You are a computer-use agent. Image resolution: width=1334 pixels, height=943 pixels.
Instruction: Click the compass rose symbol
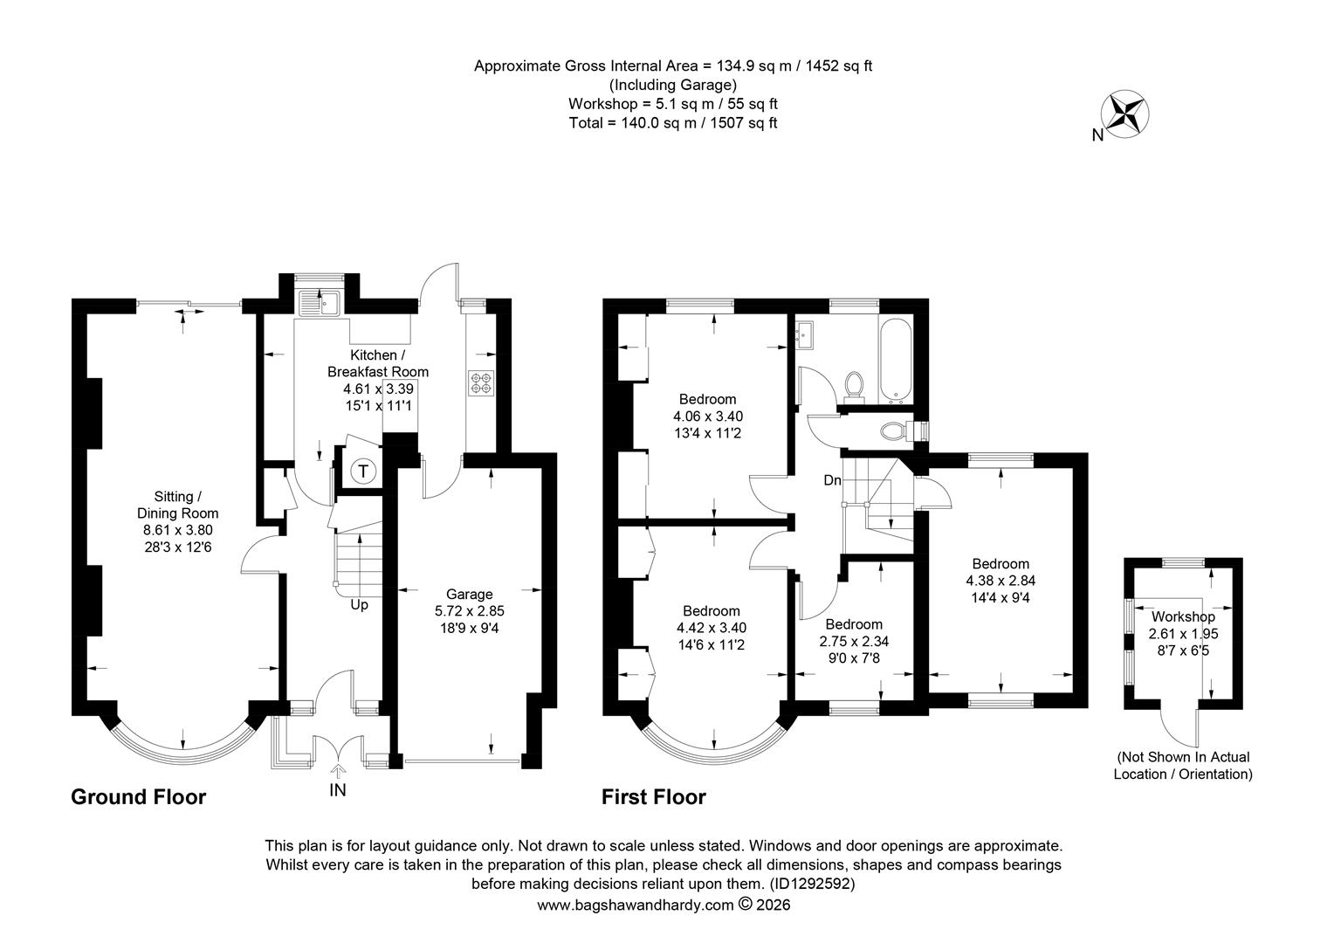pos(1124,115)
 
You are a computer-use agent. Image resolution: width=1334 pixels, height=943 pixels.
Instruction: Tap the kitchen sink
pos(319,303)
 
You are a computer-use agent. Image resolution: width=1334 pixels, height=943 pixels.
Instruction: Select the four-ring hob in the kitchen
pos(481,383)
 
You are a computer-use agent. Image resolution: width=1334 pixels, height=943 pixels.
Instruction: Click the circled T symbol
pos(362,471)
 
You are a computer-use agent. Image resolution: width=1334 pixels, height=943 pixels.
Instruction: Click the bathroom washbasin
pos(805,334)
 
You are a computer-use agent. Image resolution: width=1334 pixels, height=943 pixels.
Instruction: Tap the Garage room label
pos(470,594)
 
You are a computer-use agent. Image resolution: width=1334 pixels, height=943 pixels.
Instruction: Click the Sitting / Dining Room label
pos(177,505)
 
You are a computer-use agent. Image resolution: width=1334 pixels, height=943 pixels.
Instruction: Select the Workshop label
pos(1183,616)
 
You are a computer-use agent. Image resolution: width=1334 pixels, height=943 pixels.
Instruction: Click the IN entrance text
pos(338,790)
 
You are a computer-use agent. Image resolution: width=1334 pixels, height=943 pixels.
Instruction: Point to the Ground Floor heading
pos(138,797)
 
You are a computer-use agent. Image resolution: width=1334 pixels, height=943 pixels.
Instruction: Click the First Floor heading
pos(653,797)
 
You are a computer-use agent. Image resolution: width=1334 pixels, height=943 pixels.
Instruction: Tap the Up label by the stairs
pos(359,605)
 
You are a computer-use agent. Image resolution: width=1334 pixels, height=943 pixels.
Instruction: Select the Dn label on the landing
pos(832,480)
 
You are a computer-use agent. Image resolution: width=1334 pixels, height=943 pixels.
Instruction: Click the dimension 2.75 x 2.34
pos(854,641)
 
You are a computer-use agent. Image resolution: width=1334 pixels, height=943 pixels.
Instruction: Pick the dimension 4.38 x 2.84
pos(1000,581)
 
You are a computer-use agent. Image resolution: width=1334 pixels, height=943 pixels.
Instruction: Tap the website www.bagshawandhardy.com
pos(635,905)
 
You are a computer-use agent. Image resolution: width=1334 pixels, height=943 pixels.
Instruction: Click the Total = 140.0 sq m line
pos(673,123)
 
